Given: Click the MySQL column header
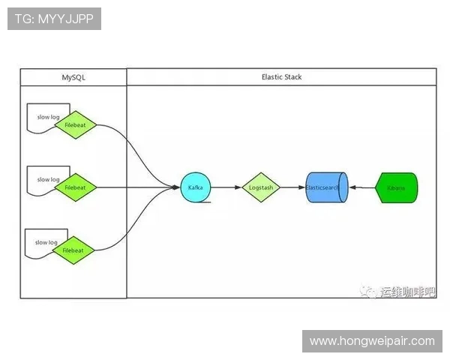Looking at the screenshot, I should (x=73, y=77).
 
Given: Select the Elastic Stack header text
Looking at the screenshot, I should (x=281, y=77).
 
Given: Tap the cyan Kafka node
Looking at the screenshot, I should (x=196, y=187).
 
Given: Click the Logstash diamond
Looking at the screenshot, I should (x=260, y=187).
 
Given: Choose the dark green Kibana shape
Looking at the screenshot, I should (x=396, y=187).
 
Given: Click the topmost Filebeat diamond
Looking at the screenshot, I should (x=75, y=124).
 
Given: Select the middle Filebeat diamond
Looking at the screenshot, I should (x=75, y=187).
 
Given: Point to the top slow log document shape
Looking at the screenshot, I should (x=43, y=115).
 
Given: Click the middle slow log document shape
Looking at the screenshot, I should (x=43, y=178).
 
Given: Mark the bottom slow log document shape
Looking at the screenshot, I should (x=42, y=241).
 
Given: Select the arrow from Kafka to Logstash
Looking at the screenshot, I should (x=226, y=187).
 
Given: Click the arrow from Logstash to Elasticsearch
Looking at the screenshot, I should (x=292, y=187).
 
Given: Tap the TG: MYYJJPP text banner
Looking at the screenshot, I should (x=54, y=19).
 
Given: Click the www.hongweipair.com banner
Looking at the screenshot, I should (x=372, y=340).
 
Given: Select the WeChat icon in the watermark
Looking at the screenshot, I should (x=369, y=292).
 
